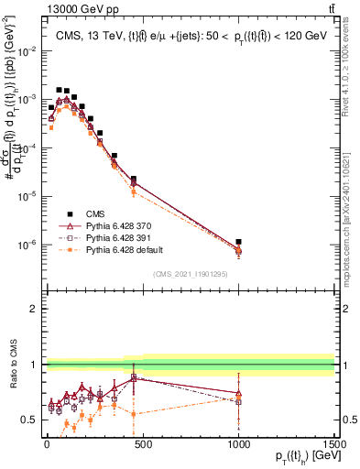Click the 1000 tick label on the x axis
(x=238, y=441)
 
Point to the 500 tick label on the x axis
(x=142, y=441)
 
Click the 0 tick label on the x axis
(x=46, y=441)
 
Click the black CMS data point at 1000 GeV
(x=238, y=242)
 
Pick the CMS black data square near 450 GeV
(x=134, y=180)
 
